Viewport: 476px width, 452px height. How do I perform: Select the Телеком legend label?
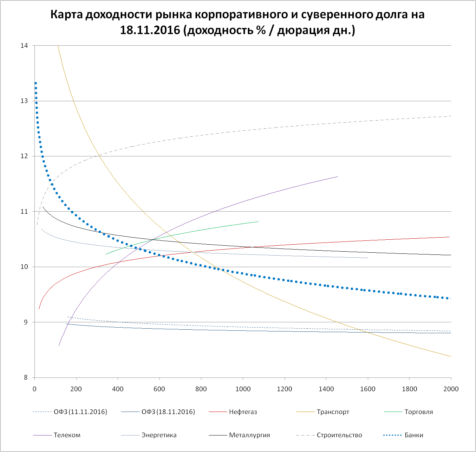pos(67,435)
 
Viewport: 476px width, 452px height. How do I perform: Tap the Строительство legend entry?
pos(339,435)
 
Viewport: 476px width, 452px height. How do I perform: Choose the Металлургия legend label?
pos(249,435)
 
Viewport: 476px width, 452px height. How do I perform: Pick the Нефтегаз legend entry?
pos(243,412)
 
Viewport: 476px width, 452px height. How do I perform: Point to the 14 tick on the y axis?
pos(24,46)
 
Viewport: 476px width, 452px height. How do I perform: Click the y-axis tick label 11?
pos(24,212)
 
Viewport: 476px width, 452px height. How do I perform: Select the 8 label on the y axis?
pos(26,378)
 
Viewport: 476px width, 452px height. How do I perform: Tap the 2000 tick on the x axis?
pos(451,389)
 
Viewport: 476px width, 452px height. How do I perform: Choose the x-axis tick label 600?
pos(159,389)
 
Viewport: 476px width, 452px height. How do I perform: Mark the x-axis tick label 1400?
pos(326,389)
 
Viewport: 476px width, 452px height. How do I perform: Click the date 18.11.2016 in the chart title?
pos(150,30)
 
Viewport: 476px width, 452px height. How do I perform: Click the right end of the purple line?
pos(338,176)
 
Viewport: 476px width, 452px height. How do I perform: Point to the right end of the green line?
pos(259,221)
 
